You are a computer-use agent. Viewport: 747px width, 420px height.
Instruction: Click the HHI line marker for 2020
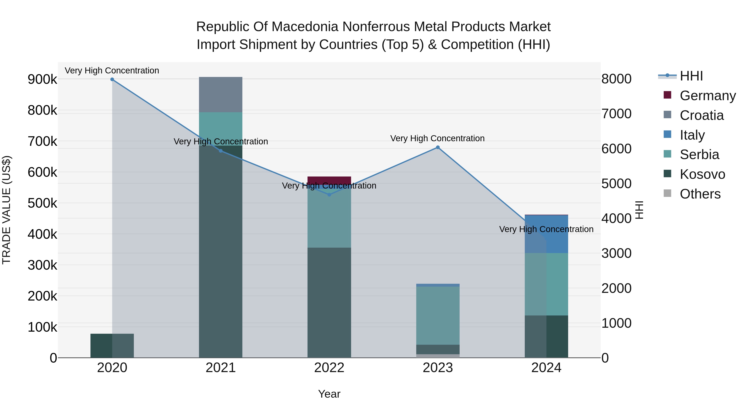[x=112, y=79]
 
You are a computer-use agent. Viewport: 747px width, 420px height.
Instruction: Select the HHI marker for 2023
[x=438, y=147]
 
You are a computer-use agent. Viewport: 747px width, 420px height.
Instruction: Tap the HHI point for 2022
[x=329, y=195]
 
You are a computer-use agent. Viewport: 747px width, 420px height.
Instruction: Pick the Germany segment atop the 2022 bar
[x=329, y=180]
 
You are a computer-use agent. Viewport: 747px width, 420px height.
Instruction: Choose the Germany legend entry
[x=708, y=96]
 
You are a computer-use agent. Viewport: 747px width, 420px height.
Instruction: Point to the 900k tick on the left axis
[x=42, y=79]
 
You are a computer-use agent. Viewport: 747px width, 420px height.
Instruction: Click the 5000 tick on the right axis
[x=616, y=184]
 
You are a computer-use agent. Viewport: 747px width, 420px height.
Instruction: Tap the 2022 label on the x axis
[x=329, y=368]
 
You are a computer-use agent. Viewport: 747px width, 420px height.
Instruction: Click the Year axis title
[x=329, y=394]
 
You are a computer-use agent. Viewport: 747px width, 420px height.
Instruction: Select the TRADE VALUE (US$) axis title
[x=7, y=210]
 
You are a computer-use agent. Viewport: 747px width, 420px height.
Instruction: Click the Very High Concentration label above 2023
[x=437, y=138]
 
